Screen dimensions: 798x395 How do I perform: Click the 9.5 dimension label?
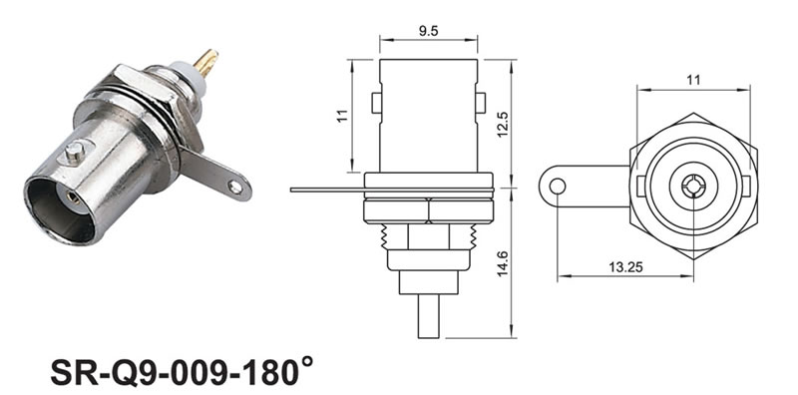tap(428, 31)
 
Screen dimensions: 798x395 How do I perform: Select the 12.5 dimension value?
tap(504, 125)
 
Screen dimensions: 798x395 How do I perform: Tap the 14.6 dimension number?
tap(503, 263)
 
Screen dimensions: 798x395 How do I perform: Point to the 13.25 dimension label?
tap(625, 266)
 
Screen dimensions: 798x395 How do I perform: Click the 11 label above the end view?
tap(693, 80)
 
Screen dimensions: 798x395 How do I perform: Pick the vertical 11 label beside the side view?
tap(343, 116)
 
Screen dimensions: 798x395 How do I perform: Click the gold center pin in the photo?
tap(206, 63)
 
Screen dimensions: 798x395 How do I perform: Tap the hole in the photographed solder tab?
tap(235, 187)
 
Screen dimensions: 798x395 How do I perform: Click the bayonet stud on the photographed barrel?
tap(74, 152)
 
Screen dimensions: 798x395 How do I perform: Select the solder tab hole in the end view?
tap(558, 187)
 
